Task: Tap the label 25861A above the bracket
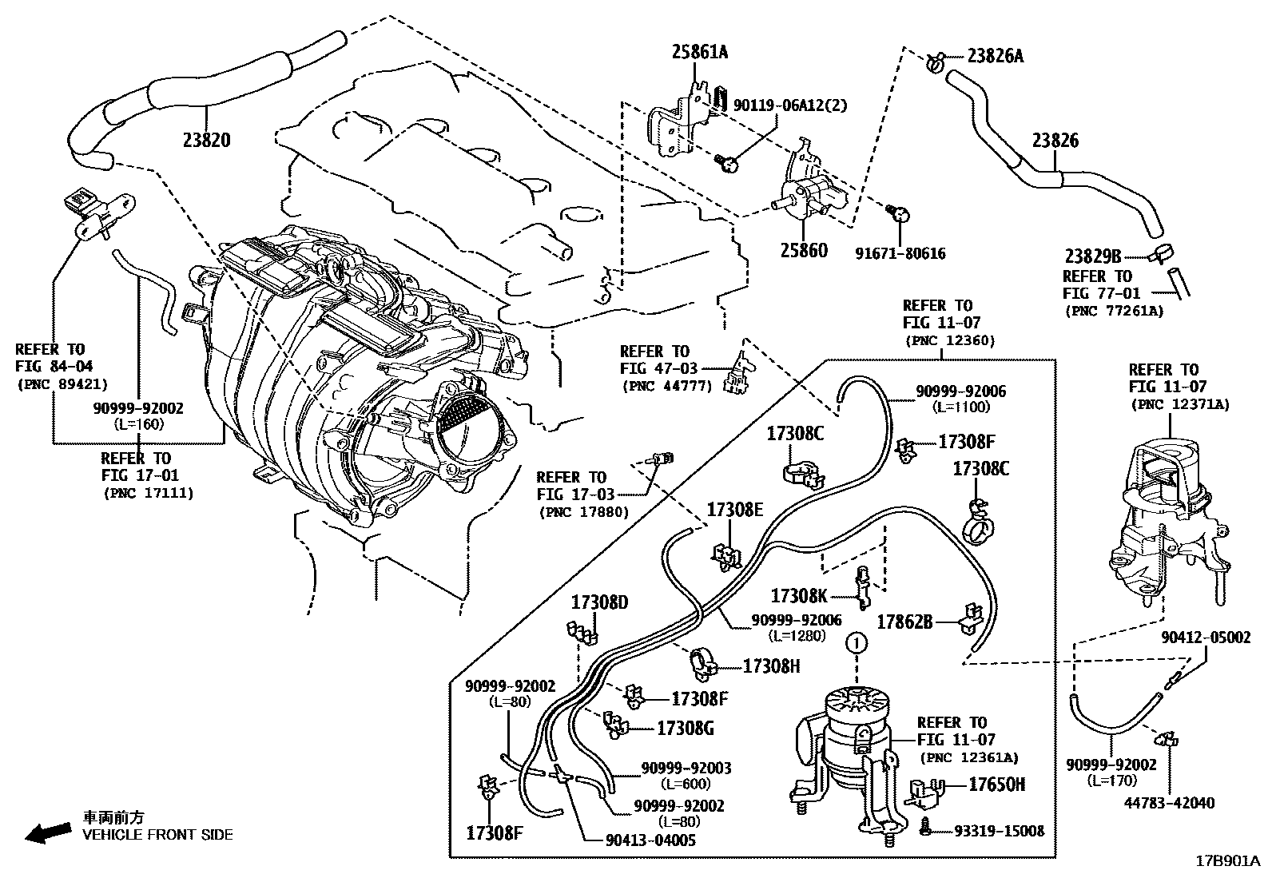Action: click(699, 53)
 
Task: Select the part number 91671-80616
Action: click(900, 254)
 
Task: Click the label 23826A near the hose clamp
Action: click(995, 56)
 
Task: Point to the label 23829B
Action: click(1093, 256)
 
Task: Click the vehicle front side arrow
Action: click(46, 832)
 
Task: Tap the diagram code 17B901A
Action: click(1226, 861)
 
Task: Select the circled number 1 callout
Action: click(856, 642)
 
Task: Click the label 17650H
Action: click(996, 785)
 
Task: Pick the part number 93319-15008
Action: click(999, 831)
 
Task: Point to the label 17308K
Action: click(799, 595)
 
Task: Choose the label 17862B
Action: click(904, 621)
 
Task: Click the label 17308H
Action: click(771, 665)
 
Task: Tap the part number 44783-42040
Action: click(1171, 803)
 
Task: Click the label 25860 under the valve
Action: click(804, 250)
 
